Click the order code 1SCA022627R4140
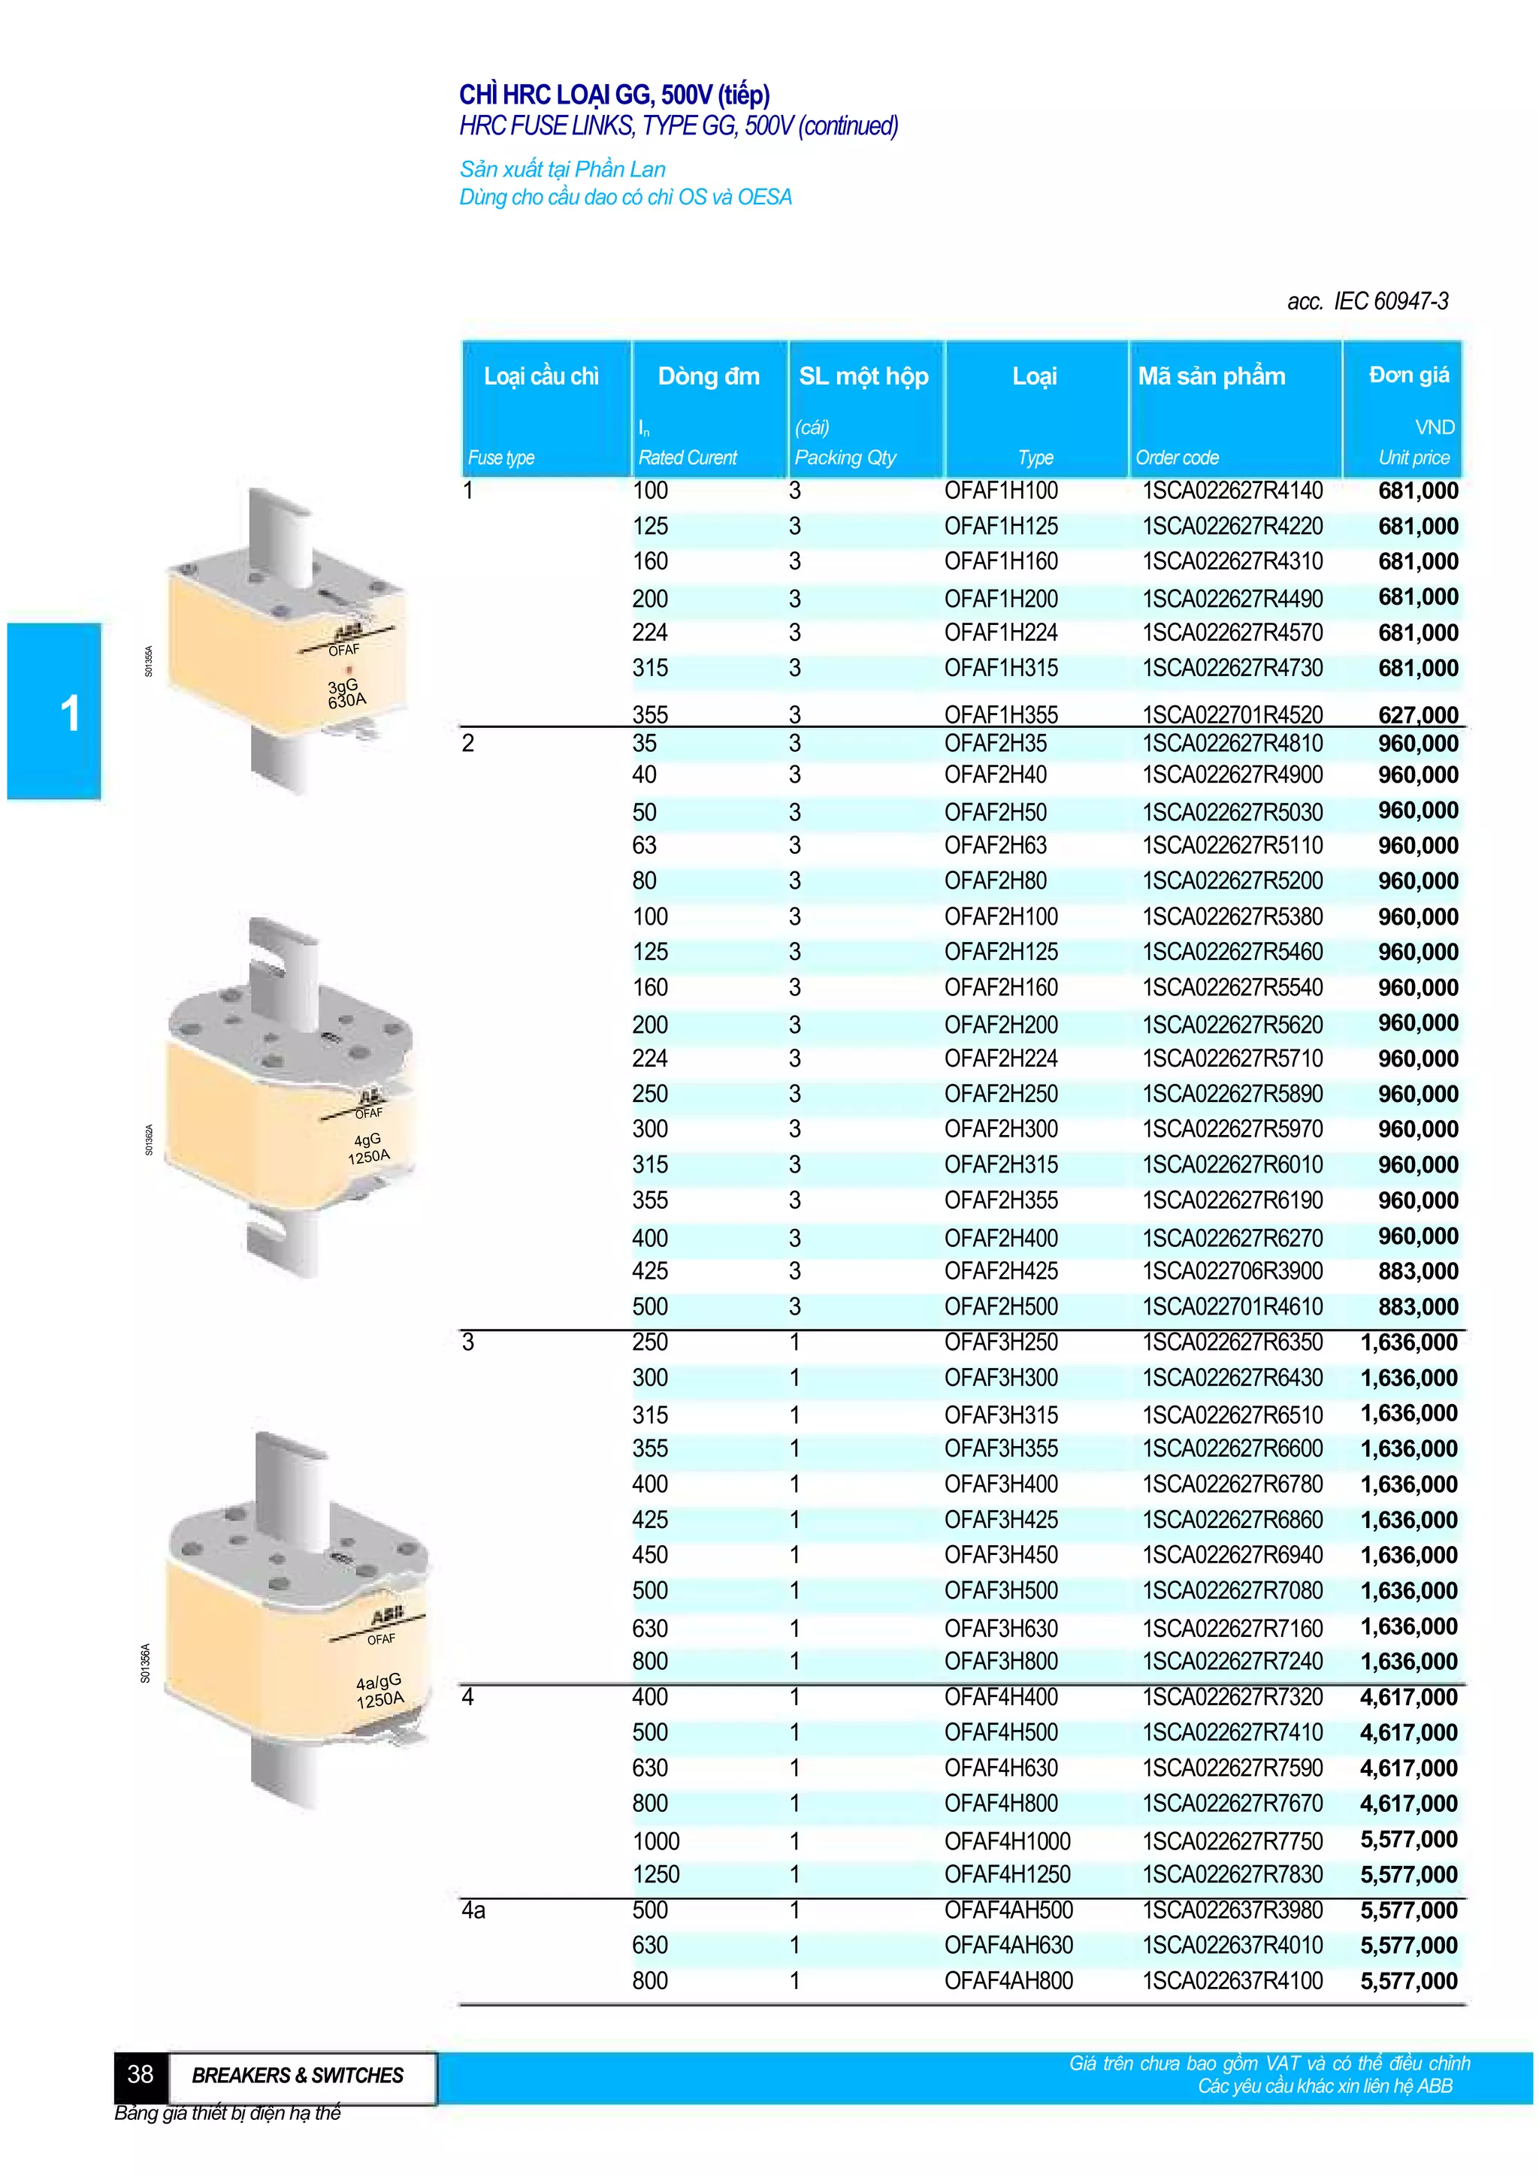coord(1232,491)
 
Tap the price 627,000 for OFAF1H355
coord(1417,715)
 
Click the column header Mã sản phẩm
coord(1211,376)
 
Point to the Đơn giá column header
coord(1408,376)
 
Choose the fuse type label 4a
coord(473,1910)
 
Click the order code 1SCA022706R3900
coord(1232,1272)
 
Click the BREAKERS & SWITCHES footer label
coord(298,2076)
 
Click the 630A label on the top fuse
coord(347,701)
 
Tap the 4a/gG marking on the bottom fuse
coord(378,1682)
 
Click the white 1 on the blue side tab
coord(69,713)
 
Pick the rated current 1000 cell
coord(656,1841)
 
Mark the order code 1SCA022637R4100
coord(1232,1982)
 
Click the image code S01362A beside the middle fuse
coord(149,1140)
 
